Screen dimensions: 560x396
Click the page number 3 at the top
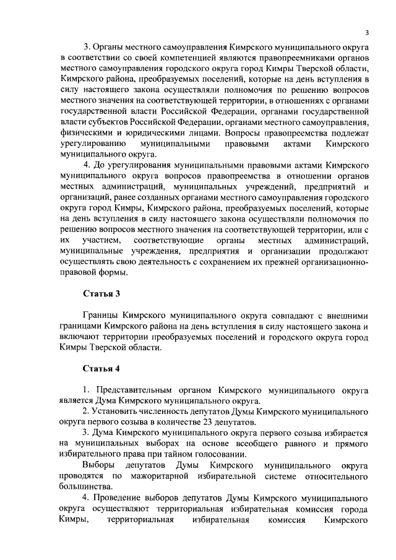point(367,33)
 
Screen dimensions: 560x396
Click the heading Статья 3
point(101,293)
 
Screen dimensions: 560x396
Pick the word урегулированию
point(92,144)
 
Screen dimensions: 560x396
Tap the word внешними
point(348,315)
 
